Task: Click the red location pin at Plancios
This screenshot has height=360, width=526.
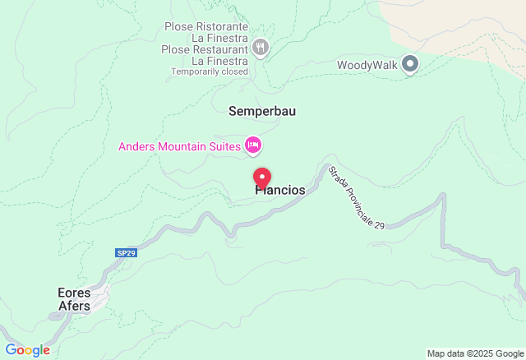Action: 262,177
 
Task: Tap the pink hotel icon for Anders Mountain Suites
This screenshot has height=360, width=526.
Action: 253,146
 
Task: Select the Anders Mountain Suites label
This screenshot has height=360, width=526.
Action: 179,146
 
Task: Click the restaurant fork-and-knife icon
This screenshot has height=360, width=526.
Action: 261,47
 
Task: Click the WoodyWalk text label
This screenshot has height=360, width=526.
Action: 367,65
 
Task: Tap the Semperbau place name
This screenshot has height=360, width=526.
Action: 261,111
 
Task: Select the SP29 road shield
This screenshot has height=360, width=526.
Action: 126,253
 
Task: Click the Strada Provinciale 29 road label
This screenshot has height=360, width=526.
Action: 356,197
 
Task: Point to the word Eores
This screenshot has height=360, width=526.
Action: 74,293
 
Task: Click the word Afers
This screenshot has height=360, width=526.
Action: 74,306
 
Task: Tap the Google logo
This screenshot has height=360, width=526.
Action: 27,350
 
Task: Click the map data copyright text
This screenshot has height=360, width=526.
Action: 475,353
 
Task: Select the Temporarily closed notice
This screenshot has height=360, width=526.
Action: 210,72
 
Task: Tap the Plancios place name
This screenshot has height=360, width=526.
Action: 280,191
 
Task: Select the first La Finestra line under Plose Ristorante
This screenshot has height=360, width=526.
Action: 219,38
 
